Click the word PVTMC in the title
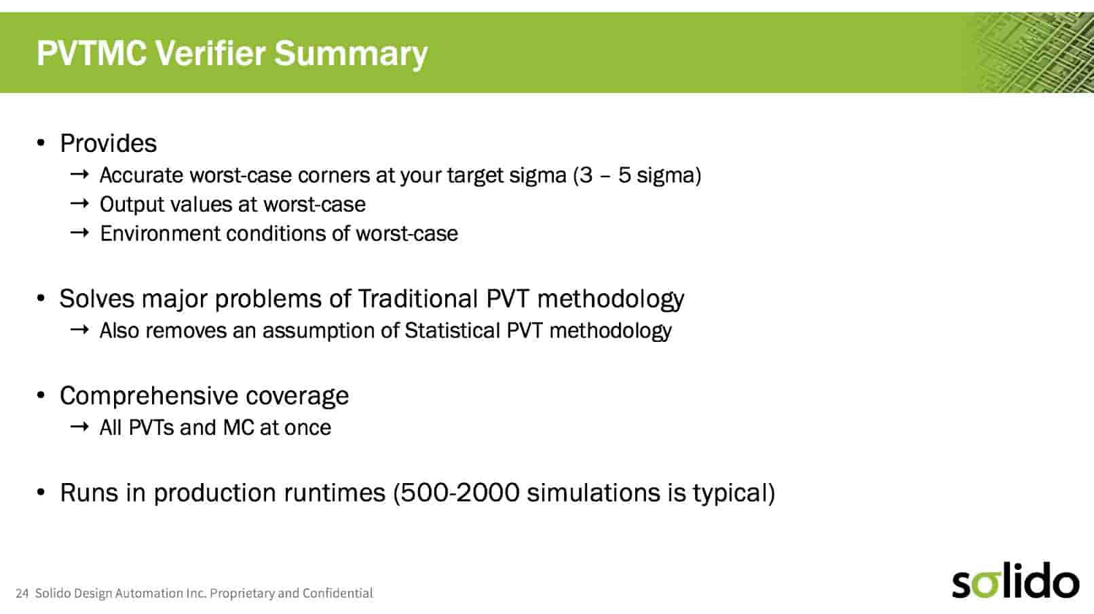click(92, 53)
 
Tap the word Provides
click(109, 144)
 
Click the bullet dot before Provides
click(41, 143)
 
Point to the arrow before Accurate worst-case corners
click(79, 174)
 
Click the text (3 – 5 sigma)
click(637, 175)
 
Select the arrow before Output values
click(79, 203)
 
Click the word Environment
click(159, 233)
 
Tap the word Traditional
click(418, 299)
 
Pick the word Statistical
click(452, 330)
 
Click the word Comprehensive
click(149, 396)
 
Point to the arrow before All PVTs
click(79, 427)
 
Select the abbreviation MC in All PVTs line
click(238, 427)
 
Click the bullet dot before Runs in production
click(41, 493)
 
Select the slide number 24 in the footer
click(22, 594)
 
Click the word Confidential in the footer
click(337, 593)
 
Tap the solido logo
click(1015, 580)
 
